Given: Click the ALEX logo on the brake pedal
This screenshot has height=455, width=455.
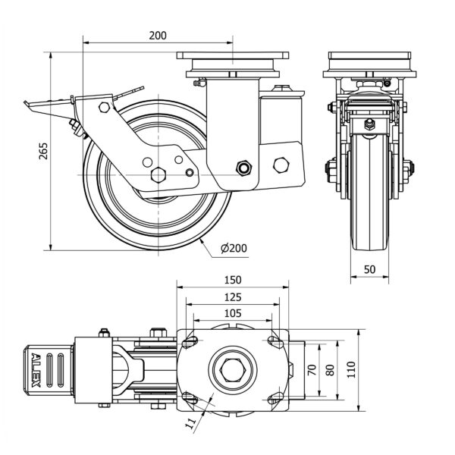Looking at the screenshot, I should pos(36,370).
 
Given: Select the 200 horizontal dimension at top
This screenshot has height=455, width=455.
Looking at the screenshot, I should pos(158,35).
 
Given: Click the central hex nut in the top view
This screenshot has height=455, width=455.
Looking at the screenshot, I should pos(231,371).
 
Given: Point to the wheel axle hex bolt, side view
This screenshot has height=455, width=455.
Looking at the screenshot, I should pos(158,174).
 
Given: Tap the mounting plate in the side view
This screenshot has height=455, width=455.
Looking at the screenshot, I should pos(233,55).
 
